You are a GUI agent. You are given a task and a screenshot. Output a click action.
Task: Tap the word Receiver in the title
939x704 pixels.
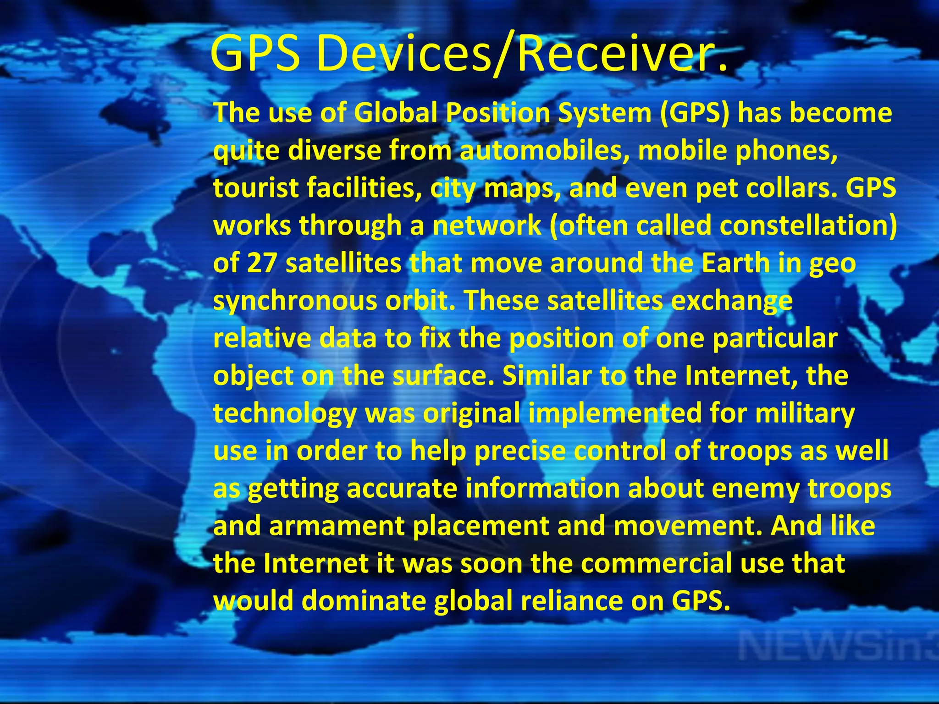[614, 54]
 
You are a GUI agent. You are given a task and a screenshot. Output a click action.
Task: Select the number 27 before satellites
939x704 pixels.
[262, 263]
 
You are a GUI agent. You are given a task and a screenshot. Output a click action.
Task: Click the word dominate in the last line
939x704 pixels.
[364, 601]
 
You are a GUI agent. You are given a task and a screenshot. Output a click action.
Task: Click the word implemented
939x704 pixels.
[615, 413]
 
